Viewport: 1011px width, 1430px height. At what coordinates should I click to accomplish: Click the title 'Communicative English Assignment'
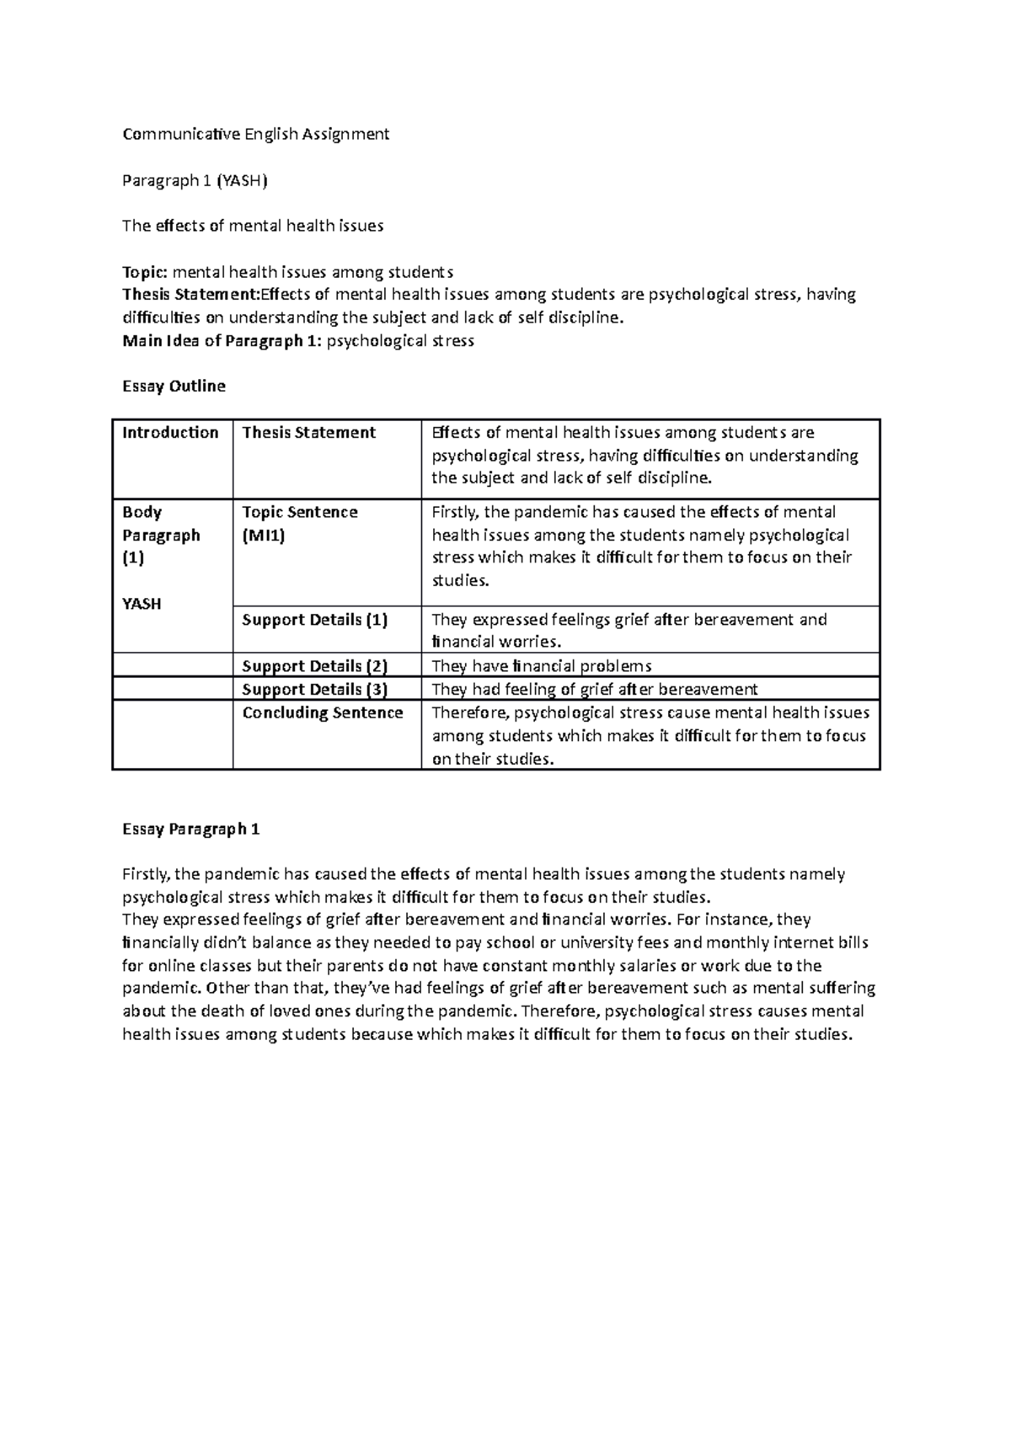[255, 134]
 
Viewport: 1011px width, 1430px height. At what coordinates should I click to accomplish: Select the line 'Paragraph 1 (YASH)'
[195, 180]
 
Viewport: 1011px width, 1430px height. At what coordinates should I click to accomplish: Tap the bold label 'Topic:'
[146, 272]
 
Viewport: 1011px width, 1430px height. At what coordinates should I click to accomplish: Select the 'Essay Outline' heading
[174, 387]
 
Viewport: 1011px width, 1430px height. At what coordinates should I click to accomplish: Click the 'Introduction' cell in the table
[170, 433]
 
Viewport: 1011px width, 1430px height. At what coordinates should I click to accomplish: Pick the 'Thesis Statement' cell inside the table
[308, 433]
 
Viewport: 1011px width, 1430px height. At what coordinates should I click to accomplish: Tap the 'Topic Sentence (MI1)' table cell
[300, 523]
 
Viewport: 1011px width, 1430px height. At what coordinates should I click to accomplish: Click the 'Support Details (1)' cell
[314, 620]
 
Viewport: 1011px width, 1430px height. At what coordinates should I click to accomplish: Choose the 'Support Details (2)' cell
[314, 666]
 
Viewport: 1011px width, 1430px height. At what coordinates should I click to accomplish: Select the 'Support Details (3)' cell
[314, 689]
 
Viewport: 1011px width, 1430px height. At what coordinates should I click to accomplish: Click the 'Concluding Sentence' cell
[323, 712]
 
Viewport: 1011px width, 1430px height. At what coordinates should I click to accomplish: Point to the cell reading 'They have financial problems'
[542, 666]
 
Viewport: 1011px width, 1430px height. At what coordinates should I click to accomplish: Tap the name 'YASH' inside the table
[142, 604]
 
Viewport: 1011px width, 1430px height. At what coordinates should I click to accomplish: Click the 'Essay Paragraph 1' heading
[190, 830]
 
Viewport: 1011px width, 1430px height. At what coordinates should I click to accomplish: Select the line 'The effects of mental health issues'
[253, 226]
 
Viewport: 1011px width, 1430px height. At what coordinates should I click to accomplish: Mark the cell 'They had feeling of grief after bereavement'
[594, 689]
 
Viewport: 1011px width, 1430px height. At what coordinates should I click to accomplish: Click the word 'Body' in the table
[142, 512]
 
